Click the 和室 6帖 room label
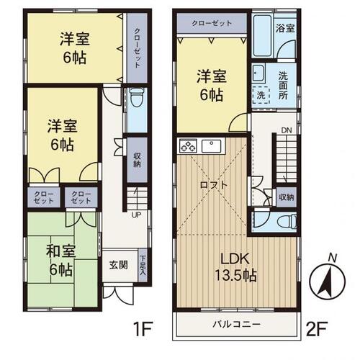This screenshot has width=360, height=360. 61,261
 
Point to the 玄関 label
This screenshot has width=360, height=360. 119,264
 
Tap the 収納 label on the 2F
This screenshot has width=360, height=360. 287,197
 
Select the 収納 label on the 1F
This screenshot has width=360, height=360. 136,161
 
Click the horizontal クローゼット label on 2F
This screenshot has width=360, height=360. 212,23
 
